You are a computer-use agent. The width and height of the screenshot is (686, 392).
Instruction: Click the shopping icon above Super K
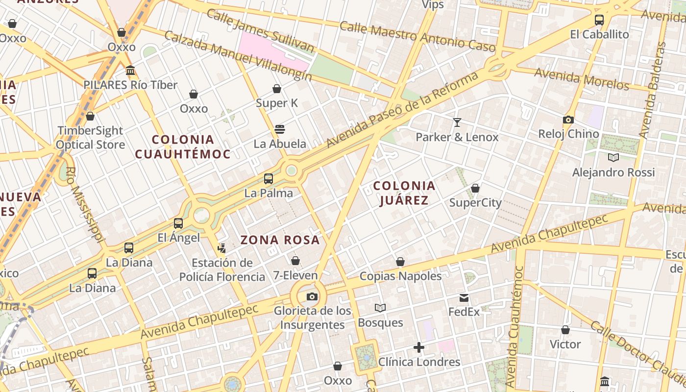(277, 89)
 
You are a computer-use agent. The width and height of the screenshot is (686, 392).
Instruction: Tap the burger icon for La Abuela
(280, 129)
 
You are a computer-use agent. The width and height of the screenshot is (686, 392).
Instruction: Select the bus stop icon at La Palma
(268, 179)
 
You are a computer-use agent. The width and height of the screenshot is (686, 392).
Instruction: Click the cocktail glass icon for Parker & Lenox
(457, 122)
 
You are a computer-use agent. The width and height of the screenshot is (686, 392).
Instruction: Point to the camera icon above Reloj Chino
(568, 120)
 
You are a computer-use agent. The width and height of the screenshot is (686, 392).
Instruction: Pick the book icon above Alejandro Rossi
(613, 157)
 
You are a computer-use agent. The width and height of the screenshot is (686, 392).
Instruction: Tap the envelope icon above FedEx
(464, 297)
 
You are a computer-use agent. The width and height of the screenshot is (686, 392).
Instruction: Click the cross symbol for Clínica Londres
(419, 347)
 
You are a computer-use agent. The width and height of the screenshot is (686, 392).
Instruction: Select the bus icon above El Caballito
(599, 20)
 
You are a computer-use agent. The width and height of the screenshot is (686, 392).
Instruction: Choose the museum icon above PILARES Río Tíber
(130, 71)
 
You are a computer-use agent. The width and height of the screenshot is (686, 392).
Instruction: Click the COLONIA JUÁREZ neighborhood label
(404, 193)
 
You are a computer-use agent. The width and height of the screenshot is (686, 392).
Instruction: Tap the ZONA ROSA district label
(280, 240)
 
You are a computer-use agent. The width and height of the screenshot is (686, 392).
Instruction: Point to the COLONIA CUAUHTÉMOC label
(183, 147)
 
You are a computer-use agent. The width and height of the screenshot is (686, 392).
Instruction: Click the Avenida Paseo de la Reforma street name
(402, 110)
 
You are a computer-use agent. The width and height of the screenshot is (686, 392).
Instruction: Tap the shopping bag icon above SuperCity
(475, 188)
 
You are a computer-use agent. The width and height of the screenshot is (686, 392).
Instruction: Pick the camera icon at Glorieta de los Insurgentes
(312, 296)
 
